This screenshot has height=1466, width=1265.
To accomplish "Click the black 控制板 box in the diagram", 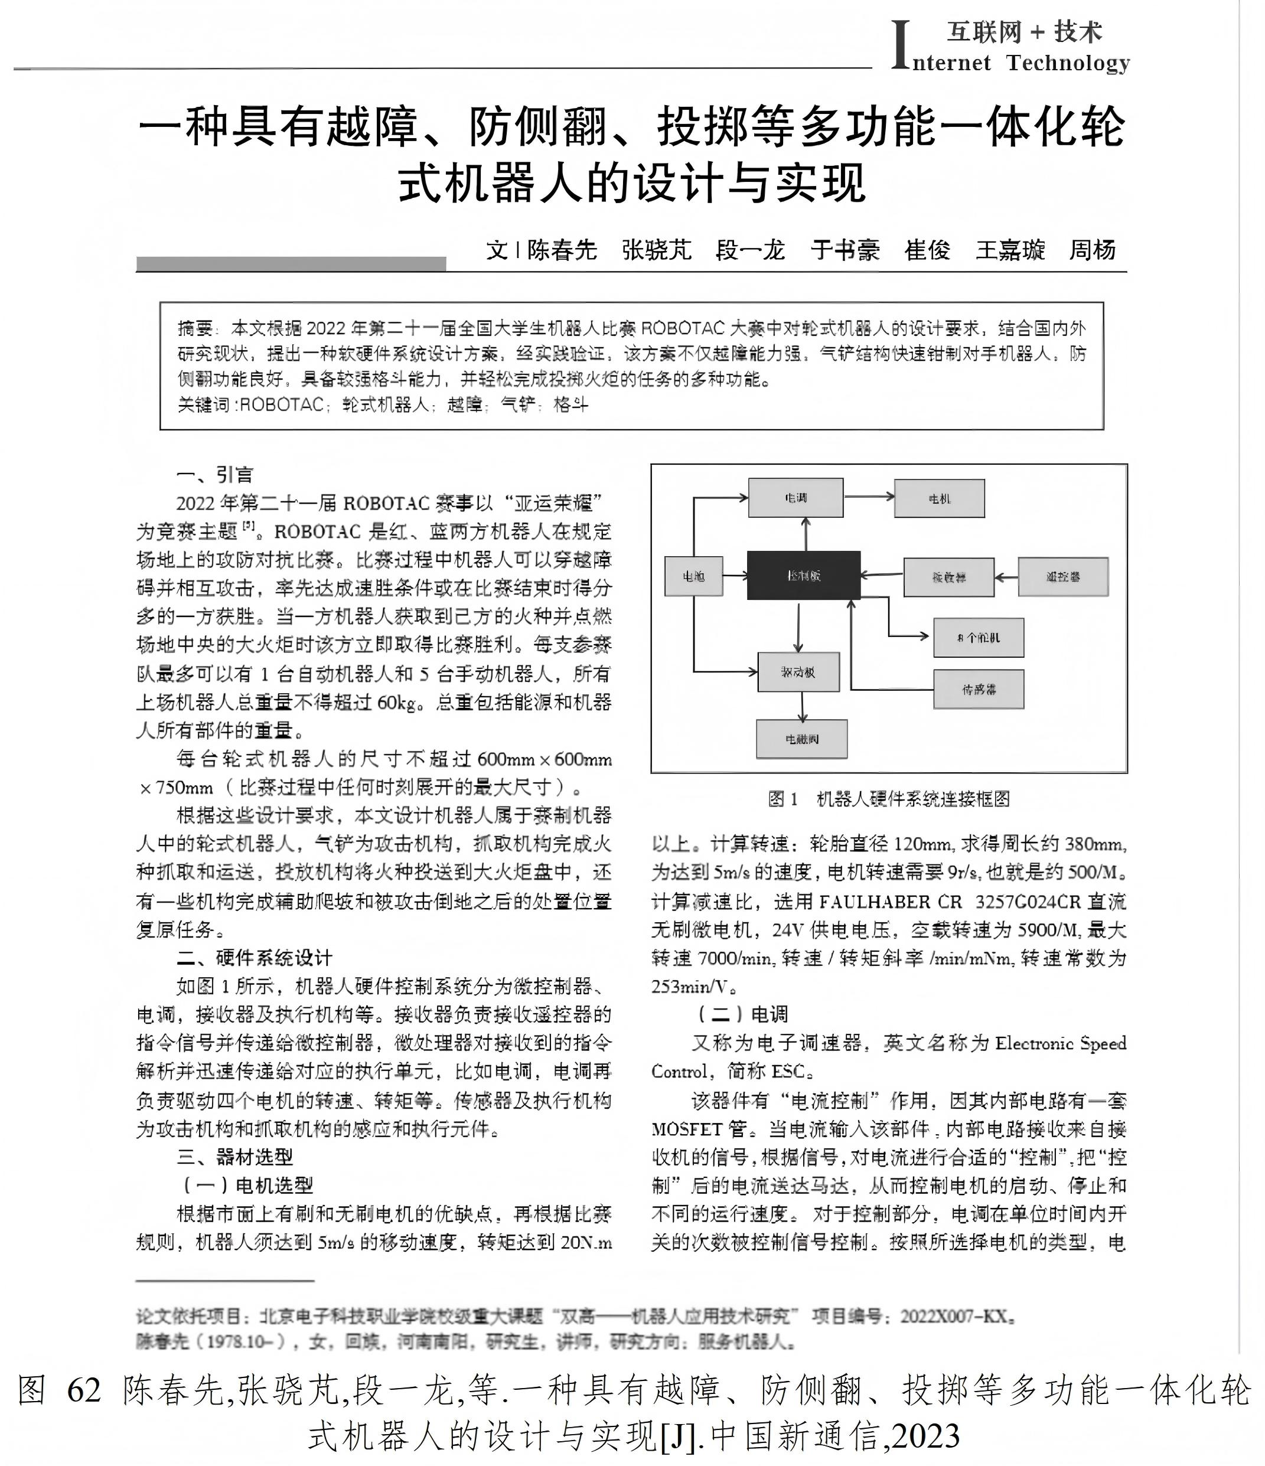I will [x=803, y=575].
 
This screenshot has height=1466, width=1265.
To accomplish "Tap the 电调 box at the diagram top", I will [x=795, y=497].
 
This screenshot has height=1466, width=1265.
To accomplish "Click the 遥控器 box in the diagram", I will [x=1062, y=577].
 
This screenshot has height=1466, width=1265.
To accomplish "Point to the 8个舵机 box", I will [x=979, y=638].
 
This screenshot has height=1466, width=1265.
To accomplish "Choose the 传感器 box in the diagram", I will [x=979, y=689].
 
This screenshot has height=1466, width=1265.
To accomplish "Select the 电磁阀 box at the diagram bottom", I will [x=801, y=739].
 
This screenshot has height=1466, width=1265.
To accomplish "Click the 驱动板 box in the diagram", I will [x=798, y=671].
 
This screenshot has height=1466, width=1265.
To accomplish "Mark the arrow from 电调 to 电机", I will [x=869, y=496].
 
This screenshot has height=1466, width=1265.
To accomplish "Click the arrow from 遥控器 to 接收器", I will [x=1006, y=577].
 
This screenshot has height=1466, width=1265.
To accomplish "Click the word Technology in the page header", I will [x=1068, y=63].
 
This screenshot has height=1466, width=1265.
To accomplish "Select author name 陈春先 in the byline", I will [x=562, y=250].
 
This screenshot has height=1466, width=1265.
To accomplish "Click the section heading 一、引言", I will [x=214, y=474].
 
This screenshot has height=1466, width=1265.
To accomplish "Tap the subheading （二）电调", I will [x=742, y=1014].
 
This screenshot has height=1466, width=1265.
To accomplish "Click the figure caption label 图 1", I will [x=783, y=799].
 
